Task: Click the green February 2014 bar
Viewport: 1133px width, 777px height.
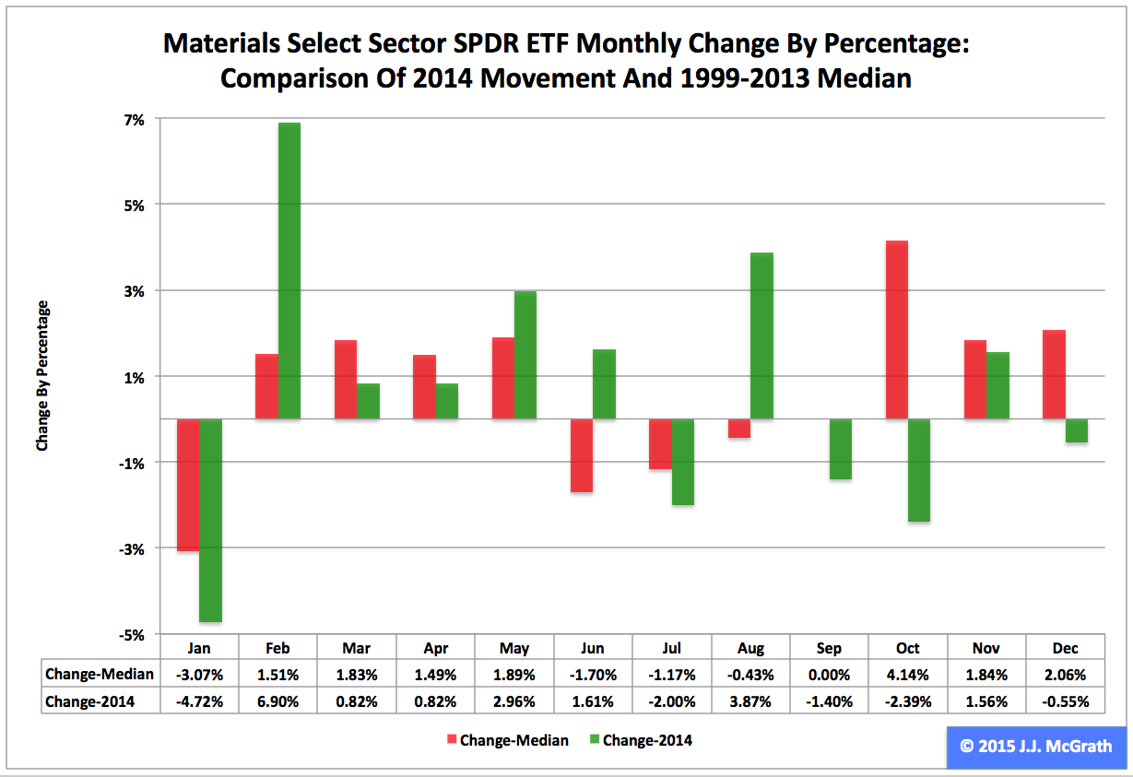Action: click(289, 271)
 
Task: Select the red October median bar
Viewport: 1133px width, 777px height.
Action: click(896, 329)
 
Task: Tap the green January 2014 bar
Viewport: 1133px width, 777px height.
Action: click(210, 520)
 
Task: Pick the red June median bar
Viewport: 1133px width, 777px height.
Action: click(581, 455)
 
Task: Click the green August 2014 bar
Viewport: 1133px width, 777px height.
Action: click(761, 336)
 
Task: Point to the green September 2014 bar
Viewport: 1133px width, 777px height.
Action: click(841, 449)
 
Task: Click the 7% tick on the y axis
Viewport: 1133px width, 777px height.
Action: click(136, 119)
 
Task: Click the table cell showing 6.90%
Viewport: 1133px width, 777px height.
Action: click(277, 701)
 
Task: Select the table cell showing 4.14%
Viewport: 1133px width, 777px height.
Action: click(907, 675)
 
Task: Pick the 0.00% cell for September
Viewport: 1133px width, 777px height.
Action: click(829, 675)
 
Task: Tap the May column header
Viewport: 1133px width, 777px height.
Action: click(513, 648)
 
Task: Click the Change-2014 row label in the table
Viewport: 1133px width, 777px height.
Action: click(89, 701)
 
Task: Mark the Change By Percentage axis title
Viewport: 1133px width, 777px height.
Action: click(42, 375)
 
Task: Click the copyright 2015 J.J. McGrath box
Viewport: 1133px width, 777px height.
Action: click(1035, 746)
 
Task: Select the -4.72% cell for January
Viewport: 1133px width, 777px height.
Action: click(199, 701)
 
